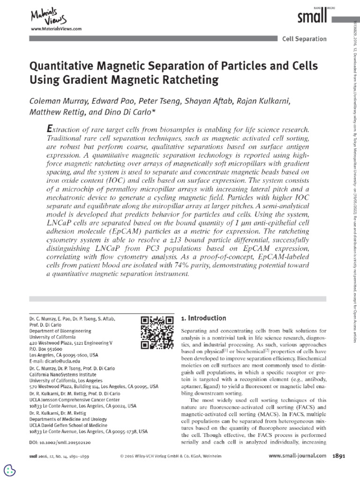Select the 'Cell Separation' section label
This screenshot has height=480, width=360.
304,39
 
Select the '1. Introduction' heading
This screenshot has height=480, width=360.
203,305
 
